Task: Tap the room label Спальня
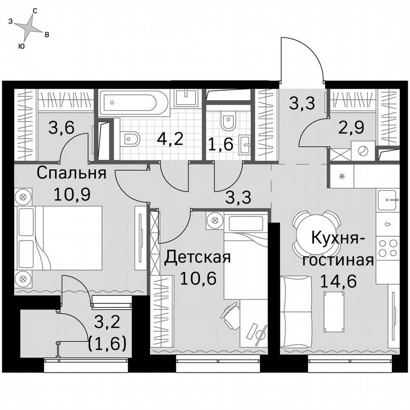71,173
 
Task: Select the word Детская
197,258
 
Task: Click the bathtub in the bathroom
133,102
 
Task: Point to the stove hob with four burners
387,248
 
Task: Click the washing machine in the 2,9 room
363,151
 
